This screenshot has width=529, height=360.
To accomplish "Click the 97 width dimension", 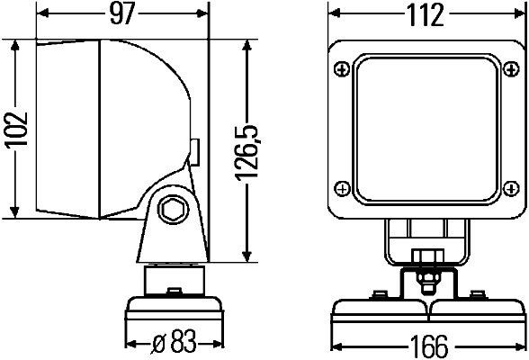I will [119, 14].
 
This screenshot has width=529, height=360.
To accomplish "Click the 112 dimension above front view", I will [425, 14].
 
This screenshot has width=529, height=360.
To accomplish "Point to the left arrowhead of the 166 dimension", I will [334, 344].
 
